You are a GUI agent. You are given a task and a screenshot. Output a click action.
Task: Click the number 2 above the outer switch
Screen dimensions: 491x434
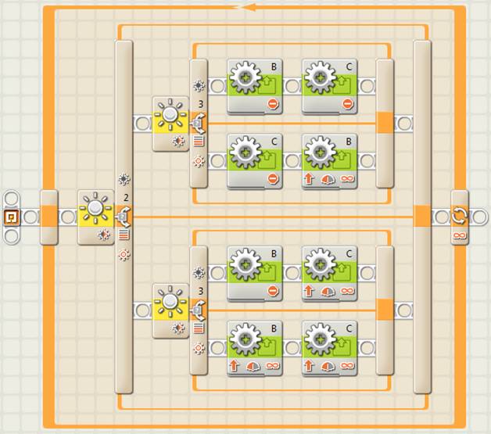(126, 198)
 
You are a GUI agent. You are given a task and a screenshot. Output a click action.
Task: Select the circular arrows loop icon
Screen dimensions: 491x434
(460, 216)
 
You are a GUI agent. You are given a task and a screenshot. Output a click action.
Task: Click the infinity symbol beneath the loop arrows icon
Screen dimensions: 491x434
(460, 235)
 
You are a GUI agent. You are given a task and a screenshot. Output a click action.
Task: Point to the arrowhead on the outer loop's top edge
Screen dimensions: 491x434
(249, 7)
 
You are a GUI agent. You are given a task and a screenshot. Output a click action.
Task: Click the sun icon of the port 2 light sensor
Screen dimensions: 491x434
(95, 207)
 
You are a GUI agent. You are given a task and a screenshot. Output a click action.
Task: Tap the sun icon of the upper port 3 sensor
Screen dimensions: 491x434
(170, 114)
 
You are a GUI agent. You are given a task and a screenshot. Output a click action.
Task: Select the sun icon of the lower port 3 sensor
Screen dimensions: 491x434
(170, 302)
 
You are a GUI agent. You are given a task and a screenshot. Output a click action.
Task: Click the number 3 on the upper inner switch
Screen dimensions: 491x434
(201, 104)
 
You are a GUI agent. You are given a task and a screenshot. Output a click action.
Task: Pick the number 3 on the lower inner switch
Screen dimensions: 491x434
(201, 291)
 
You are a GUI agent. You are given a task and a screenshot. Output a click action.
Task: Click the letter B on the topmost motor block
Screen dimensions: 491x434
(274, 66)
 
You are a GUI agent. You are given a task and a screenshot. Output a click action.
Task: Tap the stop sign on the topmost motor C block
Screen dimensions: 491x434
(348, 104)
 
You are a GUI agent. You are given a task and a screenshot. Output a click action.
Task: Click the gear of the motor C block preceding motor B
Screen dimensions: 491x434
(245, 152)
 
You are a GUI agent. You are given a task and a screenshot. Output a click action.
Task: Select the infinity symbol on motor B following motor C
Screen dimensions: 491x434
(347, 178)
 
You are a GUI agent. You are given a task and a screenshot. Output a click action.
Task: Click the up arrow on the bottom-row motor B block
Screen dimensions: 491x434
(234, 365)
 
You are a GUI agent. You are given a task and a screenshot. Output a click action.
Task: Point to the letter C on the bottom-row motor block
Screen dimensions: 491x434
(349, 328)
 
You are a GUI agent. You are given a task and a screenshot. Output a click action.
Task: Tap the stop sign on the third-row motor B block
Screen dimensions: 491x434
(273, 291)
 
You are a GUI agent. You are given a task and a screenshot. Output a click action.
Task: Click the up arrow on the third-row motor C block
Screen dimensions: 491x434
(309, 291)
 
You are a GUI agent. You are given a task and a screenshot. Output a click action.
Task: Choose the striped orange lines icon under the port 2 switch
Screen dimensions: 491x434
(124, 235)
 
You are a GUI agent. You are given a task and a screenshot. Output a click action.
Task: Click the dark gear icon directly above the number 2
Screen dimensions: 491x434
(124, 179)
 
